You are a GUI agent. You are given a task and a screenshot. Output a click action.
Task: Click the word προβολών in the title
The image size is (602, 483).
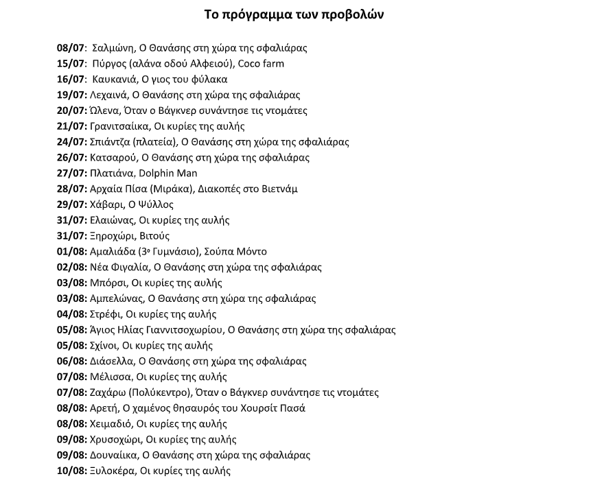pos(351,15)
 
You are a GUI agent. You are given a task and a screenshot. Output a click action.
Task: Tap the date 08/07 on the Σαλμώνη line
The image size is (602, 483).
pos(71,48)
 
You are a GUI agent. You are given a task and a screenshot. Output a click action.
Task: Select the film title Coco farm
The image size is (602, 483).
pos(261,64)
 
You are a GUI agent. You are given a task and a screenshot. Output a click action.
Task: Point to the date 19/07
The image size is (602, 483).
pos(71,95)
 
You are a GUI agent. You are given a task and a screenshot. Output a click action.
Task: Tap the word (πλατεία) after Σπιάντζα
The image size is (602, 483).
pos(152,143)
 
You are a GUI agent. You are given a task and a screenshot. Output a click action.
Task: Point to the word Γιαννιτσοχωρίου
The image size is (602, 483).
pos(181,330)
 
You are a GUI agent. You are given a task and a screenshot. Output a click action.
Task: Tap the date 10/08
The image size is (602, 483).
pos(71,471)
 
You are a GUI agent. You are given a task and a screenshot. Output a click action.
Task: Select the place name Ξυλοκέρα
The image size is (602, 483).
pos(112,471)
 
